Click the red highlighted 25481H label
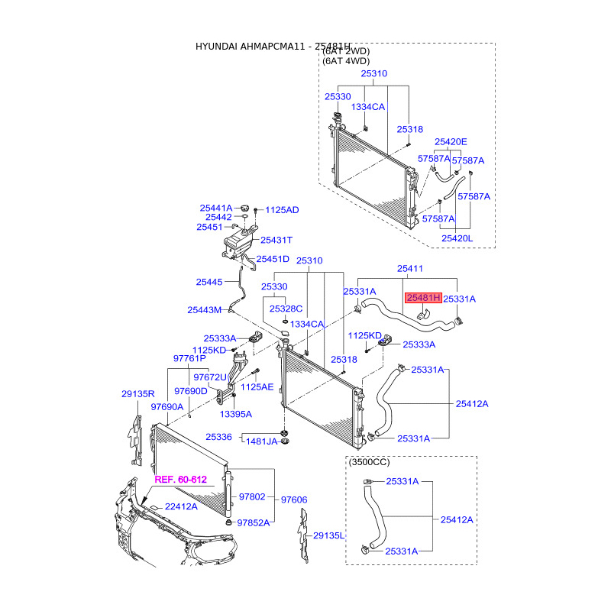pyautogui.click(x=423, y=298)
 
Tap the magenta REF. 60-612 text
pyautogui.click(x=181, y=480)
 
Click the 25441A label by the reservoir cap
pyautogui.click(x=216, y=208)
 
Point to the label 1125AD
pyautogui.click(x=282, y=209)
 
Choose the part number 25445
pyautogui.click(x=209, y=282)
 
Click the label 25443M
pyautogui.click(x=204, y=310)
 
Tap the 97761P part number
pyautogui.click(x=189, y=358)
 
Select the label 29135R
pyautogui.click(x=138, y=394)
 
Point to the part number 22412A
pyautogui.click(x=181, y=506)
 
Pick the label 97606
pyautogui.click(x=294, y=499)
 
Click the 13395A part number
pyautogui.click(x=236, y=414)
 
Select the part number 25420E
pyautogui.click(x=451, y=142)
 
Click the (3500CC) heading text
pyautogui.click(x=370, y=463)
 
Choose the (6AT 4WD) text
pyautogui.click(x=346, y=60)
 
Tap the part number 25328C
pyautogui.click(x=287, y=309)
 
